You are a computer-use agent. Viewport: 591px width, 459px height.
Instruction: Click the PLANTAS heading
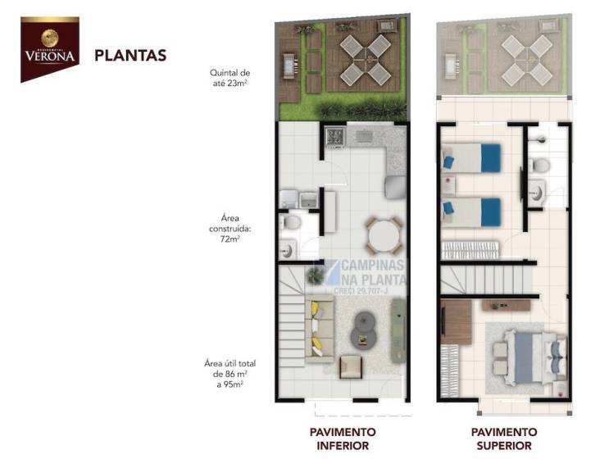point(130,56)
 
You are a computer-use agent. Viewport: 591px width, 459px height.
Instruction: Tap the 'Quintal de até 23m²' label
point(230,77)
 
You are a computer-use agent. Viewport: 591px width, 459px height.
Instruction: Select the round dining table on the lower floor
point(384,235)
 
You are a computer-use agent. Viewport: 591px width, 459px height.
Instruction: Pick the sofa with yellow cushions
point(319,329)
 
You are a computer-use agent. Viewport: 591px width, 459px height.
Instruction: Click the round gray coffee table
point(361,329)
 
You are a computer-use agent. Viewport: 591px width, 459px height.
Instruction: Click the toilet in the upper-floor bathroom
point(540,166)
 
